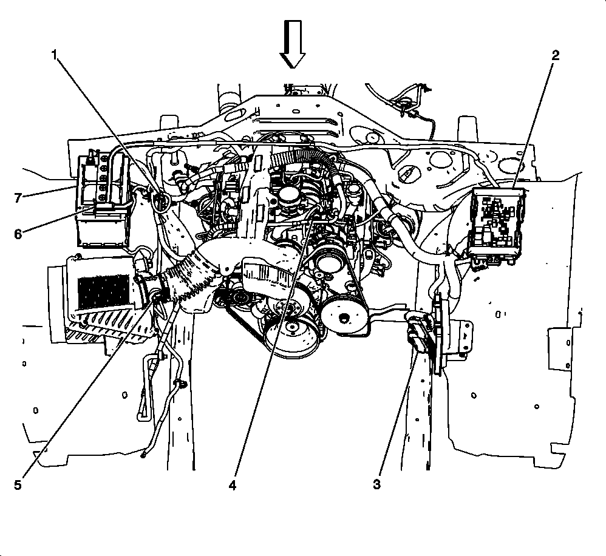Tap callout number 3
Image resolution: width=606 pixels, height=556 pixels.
pos(377,486)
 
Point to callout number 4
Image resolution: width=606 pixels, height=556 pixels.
pos(233,486)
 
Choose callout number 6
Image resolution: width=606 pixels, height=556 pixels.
pos(18,234)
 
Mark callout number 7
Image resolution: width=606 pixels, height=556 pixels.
pos(18,197)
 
